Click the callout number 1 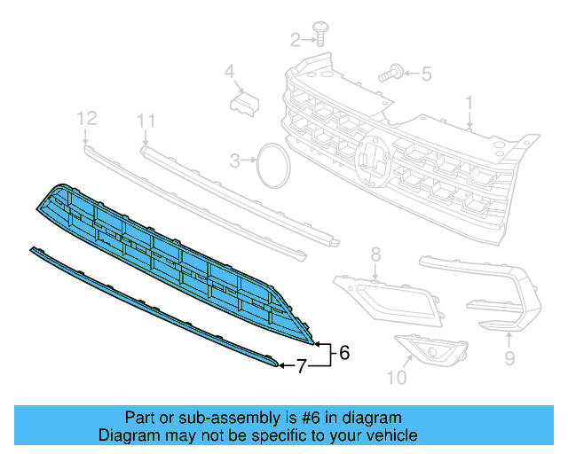[470, 106]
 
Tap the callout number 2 [296, 38]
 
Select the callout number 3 [235, 160]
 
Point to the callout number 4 [228, 71]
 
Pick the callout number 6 [344, 352]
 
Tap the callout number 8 [375, 254]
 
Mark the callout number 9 [509, 358]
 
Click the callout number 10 [396, 379]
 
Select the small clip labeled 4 [241, 103]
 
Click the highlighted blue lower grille [169, 257]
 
